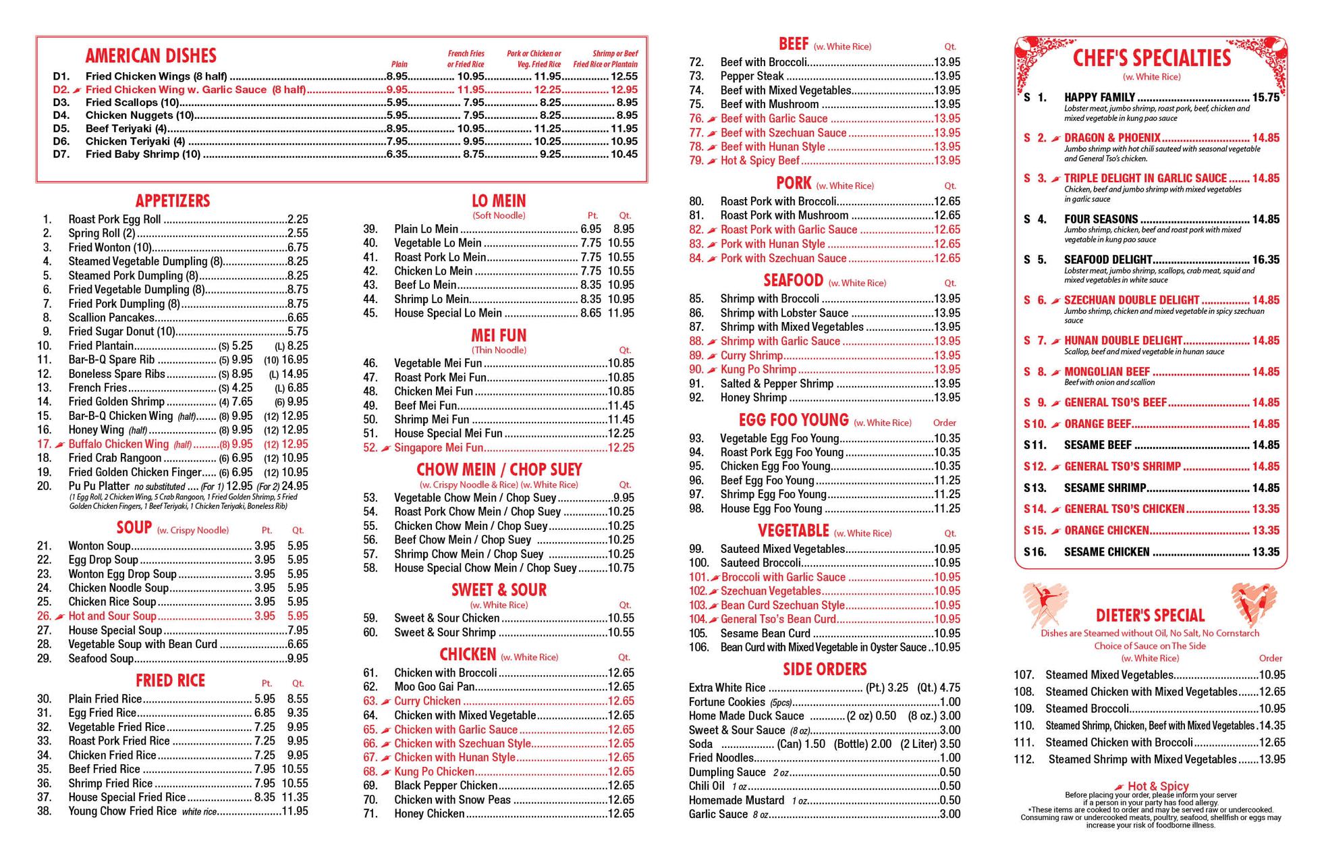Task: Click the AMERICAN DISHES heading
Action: tap(150, 55)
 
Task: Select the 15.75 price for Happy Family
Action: tap(1265, 97)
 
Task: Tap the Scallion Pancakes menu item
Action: tap(111, 317)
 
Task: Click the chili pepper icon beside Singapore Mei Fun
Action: tap(385, 448)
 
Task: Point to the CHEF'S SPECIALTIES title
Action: tap(1151, 58)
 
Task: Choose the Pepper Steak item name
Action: tap(752, 76)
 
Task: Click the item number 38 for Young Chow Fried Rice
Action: tap(45, 811)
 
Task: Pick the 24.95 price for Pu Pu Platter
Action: tap(295, 486)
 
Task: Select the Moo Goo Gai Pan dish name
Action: tap(434, 687)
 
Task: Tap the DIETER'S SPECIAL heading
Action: tap(1150, 616)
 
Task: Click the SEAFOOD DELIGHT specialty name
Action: tap(1107, 260)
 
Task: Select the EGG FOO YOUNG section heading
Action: tap(793, 420)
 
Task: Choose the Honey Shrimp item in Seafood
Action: tap(753, 398)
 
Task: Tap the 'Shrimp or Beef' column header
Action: tap(615, 53)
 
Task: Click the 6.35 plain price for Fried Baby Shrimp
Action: tap(397, 154)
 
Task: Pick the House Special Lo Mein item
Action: tap(447, 313)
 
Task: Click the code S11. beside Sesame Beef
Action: tap(1035, 445)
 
